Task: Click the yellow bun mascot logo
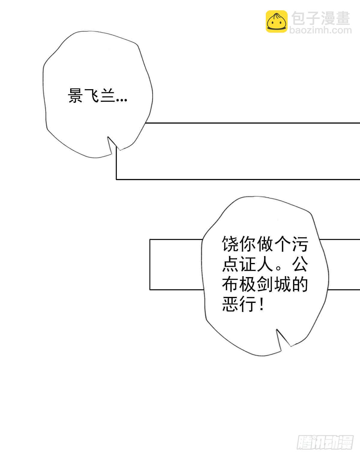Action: [277, 21]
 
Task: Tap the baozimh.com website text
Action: [320, 30]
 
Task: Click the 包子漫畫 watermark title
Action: [321, 18]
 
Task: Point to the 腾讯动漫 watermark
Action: [325, 442]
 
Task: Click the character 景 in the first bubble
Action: [75, 95]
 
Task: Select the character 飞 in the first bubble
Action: [92, 95]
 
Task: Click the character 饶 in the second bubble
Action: [230, 244]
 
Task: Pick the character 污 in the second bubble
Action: [300, 244]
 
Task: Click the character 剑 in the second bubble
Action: [265, 284]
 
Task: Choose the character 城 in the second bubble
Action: [283, 284]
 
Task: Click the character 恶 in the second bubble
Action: [230, 304]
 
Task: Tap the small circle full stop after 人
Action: [279, 268]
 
